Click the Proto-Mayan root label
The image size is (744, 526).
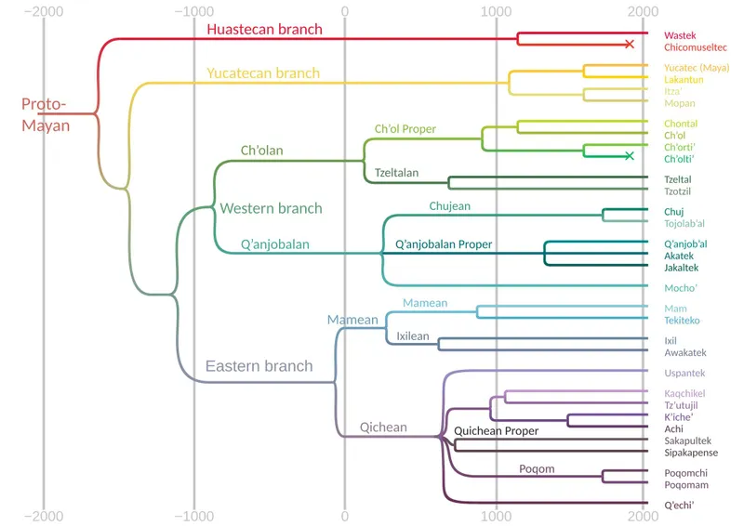click(x=46, y=115)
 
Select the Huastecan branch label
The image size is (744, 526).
click(x=264, y=29)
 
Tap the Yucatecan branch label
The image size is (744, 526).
click(x=262, y=72)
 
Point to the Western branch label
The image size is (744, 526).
click(x=271, y=208)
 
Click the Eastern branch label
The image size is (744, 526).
click(x=259, y=366)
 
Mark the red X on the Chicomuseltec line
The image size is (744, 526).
click(x=630, y=45)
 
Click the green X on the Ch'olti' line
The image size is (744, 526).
click(x=630, y=155)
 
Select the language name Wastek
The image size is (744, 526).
click(x=680, y=34)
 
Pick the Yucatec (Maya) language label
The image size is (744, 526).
click(x=696, y=68)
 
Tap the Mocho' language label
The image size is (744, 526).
click(x=681, y=288)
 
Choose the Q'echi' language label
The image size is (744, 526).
click(x=680, y=505)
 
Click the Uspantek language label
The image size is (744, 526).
click(x=684, y=373)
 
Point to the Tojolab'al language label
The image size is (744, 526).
click(x=684, y=223)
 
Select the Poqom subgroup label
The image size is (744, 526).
click(x=537, y=469)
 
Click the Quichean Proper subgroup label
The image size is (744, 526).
click(x=496, y=431)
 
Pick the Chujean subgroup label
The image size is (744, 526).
click(x=449, y=205)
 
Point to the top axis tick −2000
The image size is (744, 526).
click(x=43, y=11)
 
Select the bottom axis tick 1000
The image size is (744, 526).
click(x=496, y=516)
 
